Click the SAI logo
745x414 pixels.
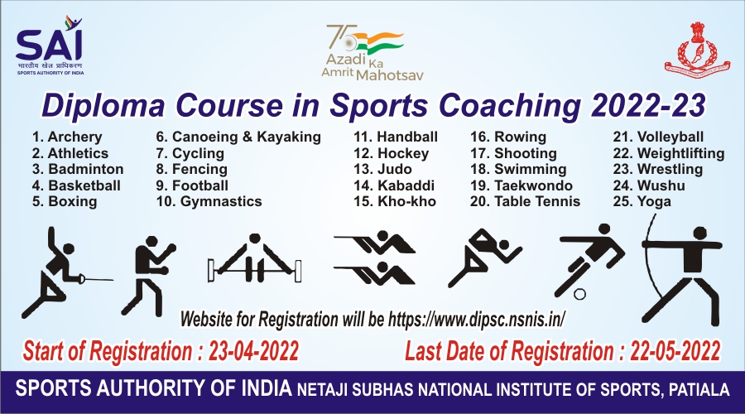click(50, 46)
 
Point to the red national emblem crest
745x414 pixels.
click(698, 46)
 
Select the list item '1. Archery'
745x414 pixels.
click(67, 137)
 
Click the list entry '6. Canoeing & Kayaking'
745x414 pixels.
click(238, 137)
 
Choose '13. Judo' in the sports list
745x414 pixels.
click(382, 169)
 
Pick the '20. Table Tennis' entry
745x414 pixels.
click(525, 201)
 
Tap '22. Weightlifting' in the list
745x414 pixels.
click(669, 153)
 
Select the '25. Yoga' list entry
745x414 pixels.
click(642, 201)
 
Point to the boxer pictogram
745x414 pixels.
click(148, 276)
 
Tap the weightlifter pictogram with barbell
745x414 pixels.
click(255, 258)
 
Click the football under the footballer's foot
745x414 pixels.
click(579, 294)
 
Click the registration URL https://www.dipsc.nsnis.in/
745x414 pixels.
click(477, 319)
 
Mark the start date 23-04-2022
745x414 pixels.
click(253, 351)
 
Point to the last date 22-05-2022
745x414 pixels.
click(675, 351)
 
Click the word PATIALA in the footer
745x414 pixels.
click(699, 390)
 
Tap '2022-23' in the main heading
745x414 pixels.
click(647, 105)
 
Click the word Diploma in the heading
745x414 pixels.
click(103, 107)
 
